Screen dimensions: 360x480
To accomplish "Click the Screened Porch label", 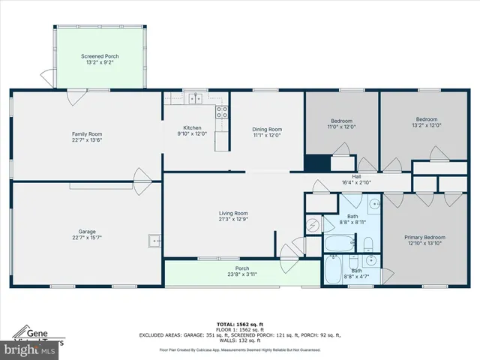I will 100,56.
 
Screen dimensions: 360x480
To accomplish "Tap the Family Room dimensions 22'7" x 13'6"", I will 87,139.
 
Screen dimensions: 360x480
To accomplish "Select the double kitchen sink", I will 196,97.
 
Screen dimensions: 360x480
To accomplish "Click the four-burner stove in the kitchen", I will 222,112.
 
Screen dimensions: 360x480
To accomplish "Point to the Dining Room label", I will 266,129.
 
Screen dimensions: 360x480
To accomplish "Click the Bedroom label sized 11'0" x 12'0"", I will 342,121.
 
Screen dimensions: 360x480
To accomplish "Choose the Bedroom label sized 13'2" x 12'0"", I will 426,118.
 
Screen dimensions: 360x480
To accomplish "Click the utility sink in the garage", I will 154,241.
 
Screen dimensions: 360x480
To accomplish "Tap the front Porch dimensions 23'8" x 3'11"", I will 242,274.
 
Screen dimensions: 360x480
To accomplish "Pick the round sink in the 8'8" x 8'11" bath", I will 373,204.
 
